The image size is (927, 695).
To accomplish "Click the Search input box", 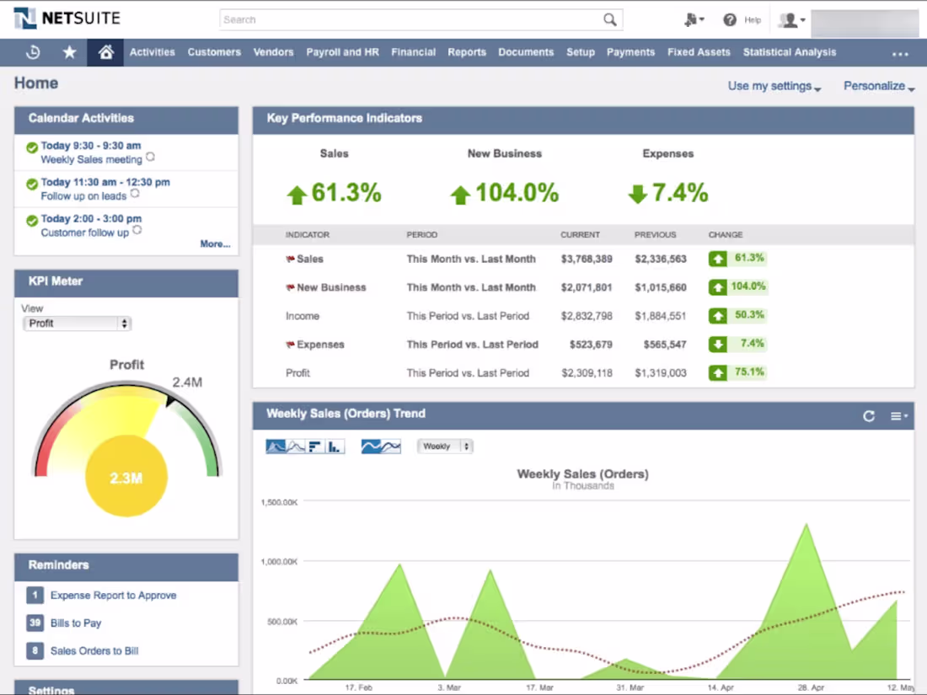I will point(413,19).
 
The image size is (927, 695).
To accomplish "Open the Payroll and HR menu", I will point(342,52).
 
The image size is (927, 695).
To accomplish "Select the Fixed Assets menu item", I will point(699,52).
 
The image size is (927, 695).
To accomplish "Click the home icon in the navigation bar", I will point(105,52).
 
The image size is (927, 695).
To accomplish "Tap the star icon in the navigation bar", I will point(69,52).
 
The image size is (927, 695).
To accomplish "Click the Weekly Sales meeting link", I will point(91,159).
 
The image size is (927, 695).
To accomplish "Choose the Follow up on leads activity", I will point(83,196).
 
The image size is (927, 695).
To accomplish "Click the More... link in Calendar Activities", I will point(215,244).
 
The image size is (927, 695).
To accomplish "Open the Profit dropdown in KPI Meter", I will point(77,323).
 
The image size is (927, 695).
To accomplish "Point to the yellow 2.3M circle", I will point(126,478).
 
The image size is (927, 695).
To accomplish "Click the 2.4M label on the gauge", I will point(186,382).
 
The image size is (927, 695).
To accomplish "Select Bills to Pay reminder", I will point(76,623).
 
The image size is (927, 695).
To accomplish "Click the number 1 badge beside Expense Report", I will point(35,596).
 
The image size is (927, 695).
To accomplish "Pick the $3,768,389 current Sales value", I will point(587,259).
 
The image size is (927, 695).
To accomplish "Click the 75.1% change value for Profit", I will point(748,372).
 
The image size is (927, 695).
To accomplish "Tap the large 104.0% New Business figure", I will point(516,193).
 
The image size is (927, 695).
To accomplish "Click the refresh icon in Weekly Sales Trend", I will point(869,416).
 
